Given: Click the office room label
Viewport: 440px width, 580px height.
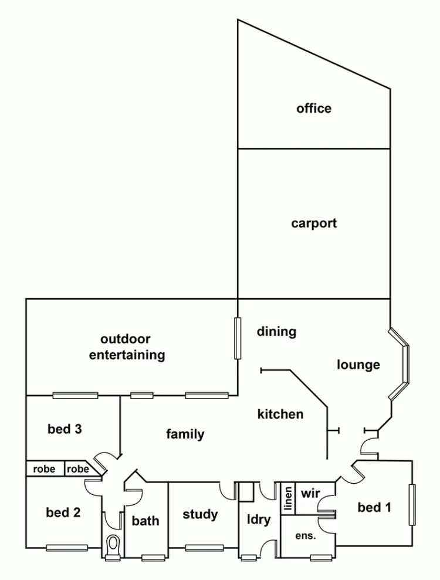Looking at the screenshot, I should tap(314, 109).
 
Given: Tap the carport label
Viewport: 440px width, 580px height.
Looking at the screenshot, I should tap(314, 224).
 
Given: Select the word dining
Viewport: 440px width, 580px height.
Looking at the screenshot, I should tap(276, 332).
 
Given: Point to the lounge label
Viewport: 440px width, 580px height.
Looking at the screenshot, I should tap(358, 365).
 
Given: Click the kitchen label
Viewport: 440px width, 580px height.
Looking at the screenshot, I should tap(280, 414).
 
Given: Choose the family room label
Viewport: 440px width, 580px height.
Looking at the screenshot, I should tap(185, 434).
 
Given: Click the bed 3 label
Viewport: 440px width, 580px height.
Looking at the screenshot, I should tap(65, 429).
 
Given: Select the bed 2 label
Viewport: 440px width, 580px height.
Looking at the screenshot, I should tap(63, 512).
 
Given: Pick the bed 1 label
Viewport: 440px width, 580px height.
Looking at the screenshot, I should tap(374, 507).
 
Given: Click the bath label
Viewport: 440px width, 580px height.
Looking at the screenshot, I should tap(145, 521).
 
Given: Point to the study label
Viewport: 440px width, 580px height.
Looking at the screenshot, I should tap(200, 515).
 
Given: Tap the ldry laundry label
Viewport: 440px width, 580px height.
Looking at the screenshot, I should tap(258, 520).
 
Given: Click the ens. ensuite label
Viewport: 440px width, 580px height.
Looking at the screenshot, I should tap(305, 536).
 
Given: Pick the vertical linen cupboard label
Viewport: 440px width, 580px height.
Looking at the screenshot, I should tap(288, 500).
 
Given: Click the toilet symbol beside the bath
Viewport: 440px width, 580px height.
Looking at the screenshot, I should tap(113, 545).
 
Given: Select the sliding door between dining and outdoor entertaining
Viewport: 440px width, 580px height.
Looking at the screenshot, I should tap(238, 338).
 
